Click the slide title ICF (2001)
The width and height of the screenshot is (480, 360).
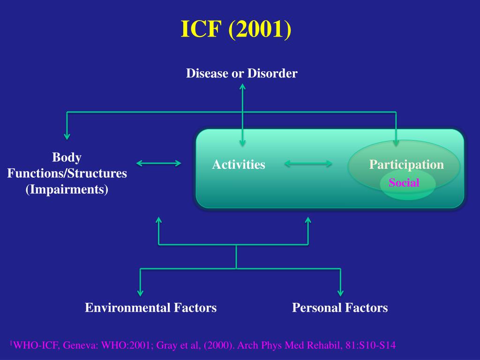(x=236, y=30)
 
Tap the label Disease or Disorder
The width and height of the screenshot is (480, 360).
(x=241, y=74)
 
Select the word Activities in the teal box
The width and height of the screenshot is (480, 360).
(x=239, y=165)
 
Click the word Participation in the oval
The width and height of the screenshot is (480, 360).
(x=406, y=165)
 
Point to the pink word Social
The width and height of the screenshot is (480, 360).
(x=404, y=182)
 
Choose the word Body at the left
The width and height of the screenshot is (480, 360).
(x=67, y=157)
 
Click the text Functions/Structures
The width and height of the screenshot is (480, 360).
(x=67, y=173)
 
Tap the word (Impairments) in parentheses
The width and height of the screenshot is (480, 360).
(x=67, y=189)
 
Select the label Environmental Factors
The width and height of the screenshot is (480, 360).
(x=150, y=308)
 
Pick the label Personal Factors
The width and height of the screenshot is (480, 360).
(x=340, y=308)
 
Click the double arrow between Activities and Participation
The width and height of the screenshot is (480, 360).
(x=308, y=164)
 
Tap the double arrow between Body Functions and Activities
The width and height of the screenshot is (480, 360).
(x=158, y=163)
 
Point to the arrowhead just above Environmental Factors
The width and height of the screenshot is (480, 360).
(x=140, y=292)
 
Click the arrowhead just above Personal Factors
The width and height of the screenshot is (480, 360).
(x=340, y=292)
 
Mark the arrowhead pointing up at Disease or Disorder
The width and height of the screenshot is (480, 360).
(x=242, y=87)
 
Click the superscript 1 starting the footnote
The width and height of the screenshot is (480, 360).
(x=11, y=344)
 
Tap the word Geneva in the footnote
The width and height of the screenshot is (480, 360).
(x=76, y=346)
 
